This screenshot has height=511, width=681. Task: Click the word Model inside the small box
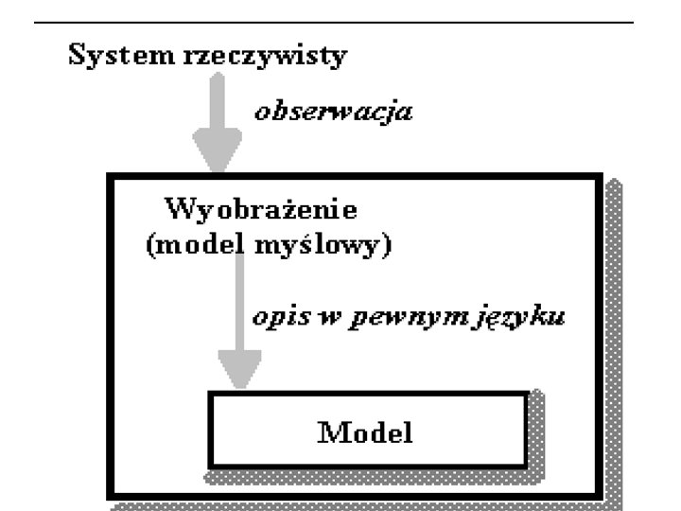pyautogui.click(x=365, y=433)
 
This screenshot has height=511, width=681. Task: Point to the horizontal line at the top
pyautogui.click(x=340, y=21)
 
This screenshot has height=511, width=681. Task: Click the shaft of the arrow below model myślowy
pyautogui.click(x=240, y=303)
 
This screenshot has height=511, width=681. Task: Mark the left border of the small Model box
pyautogui.click(x=210, y=431)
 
